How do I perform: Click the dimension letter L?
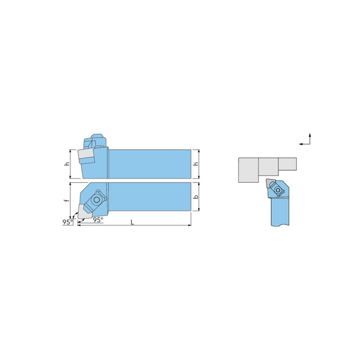pos(132,222)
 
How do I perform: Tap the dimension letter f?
pos(67,200)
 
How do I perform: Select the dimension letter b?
pos(196,197)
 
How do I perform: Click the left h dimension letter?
pos(67,164)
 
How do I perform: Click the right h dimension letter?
pos(196,164)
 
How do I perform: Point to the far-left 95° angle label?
pos(68,222)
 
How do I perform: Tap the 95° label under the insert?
pos(98,220)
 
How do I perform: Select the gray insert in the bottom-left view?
pos(84,212)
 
